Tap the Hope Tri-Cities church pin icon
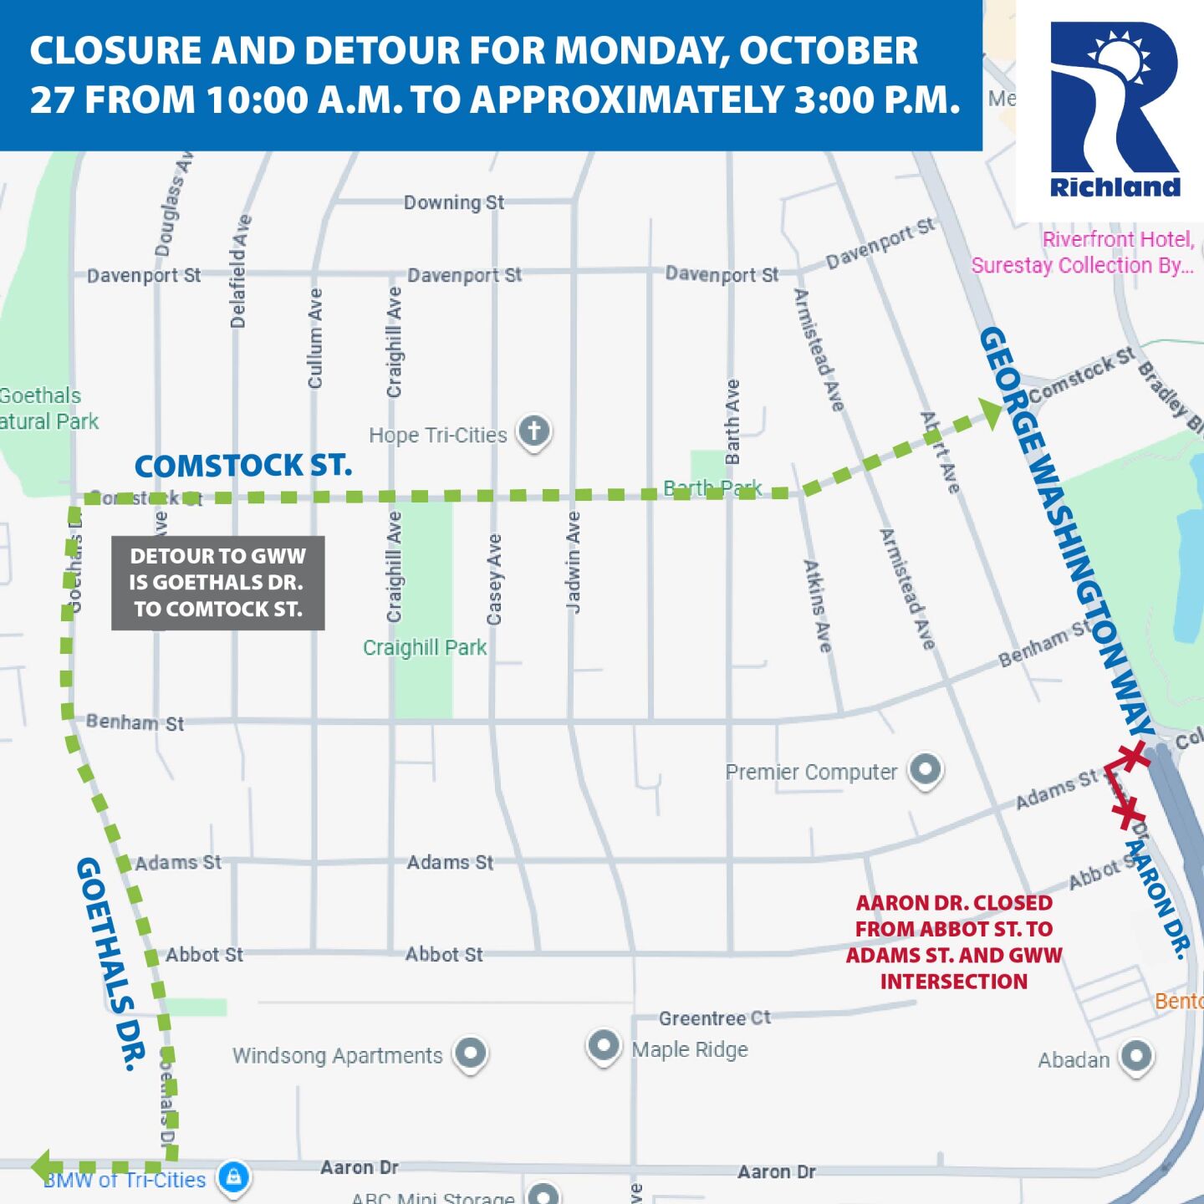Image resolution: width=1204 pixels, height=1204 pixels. point(534,431)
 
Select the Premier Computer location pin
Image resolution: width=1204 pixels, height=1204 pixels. point(926,768)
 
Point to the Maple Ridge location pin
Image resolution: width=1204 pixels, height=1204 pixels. point(603,1045)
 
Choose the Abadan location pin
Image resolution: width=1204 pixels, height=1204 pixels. point(1136,1055)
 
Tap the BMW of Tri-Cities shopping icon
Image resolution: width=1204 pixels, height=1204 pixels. point(234,1176)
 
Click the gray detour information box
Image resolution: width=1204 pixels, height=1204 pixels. point(218,583)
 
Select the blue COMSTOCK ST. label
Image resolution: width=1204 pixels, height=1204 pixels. point(243,466)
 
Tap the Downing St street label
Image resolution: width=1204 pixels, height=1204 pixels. point(454,202)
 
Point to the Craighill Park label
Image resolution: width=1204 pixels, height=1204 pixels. point(425,648)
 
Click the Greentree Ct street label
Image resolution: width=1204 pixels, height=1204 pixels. point(715,1018)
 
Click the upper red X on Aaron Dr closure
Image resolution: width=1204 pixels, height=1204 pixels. point(1133,756)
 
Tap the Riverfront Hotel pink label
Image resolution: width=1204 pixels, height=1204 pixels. point(1083,252)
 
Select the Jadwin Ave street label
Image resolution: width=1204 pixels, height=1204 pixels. point(573,563)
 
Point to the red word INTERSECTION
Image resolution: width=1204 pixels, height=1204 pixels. point(954,982)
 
